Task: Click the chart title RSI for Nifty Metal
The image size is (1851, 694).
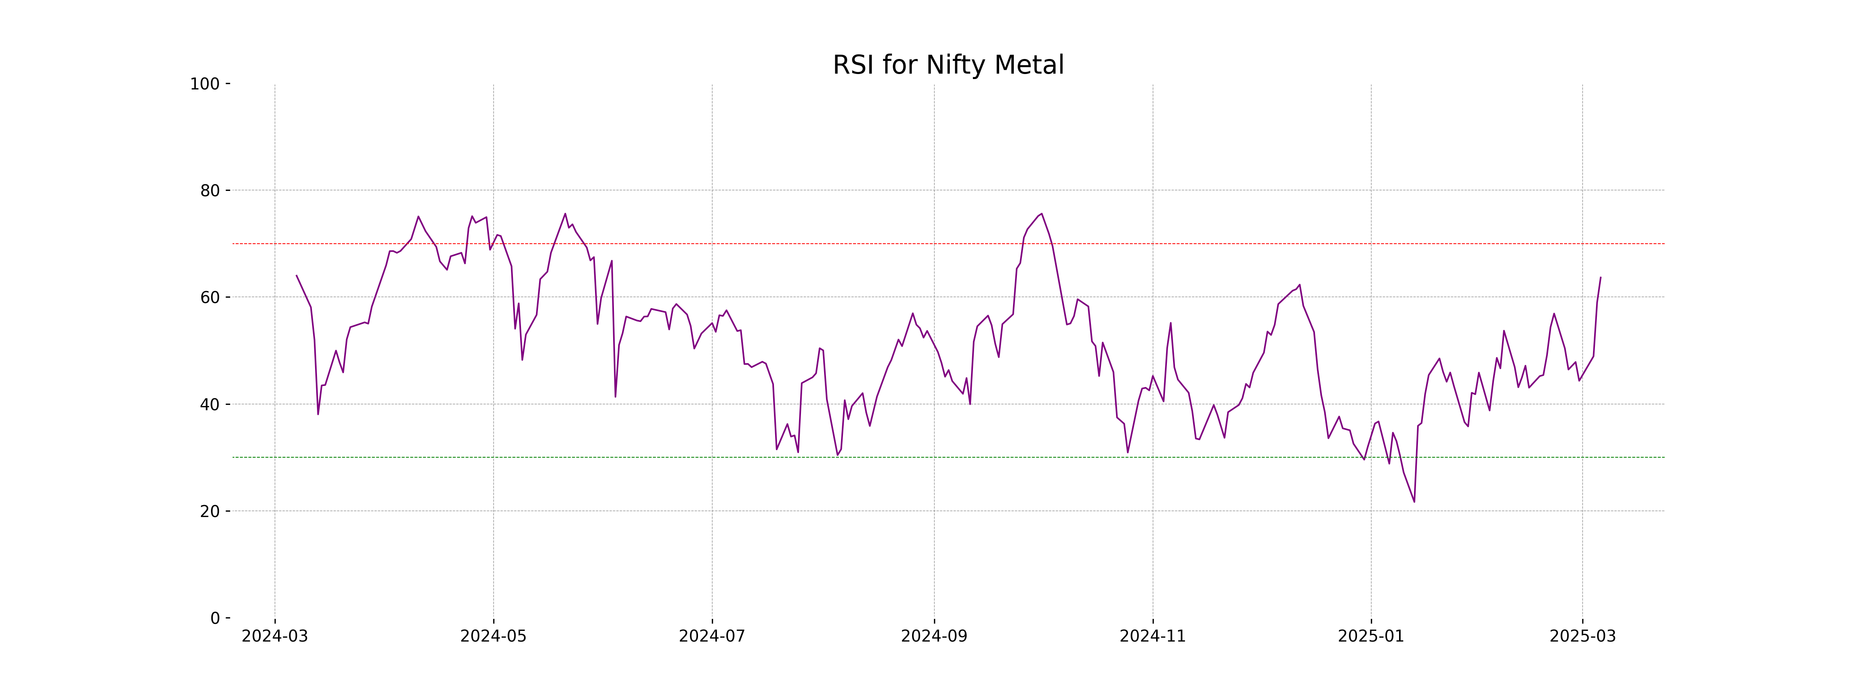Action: point(948,66)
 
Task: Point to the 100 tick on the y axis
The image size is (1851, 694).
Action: point(205,84)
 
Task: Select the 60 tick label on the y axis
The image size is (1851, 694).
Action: point(210,297)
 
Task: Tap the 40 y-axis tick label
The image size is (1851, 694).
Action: point(210,404)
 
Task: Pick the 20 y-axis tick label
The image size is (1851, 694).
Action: point(210,512)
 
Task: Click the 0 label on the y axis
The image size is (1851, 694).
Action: point(215,618)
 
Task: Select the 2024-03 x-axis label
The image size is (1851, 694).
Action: point(275,637)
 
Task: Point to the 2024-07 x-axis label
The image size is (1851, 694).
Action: point(712,637)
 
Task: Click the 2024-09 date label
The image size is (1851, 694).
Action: point(934,637)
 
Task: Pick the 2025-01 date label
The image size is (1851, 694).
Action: point(1371,637)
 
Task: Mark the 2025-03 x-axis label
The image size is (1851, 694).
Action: point(1582,637)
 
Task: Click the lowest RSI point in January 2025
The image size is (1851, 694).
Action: point(1414,502)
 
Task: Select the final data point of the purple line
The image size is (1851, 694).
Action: point(1600,277)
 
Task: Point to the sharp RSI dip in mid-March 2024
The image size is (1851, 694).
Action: point(318,414)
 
